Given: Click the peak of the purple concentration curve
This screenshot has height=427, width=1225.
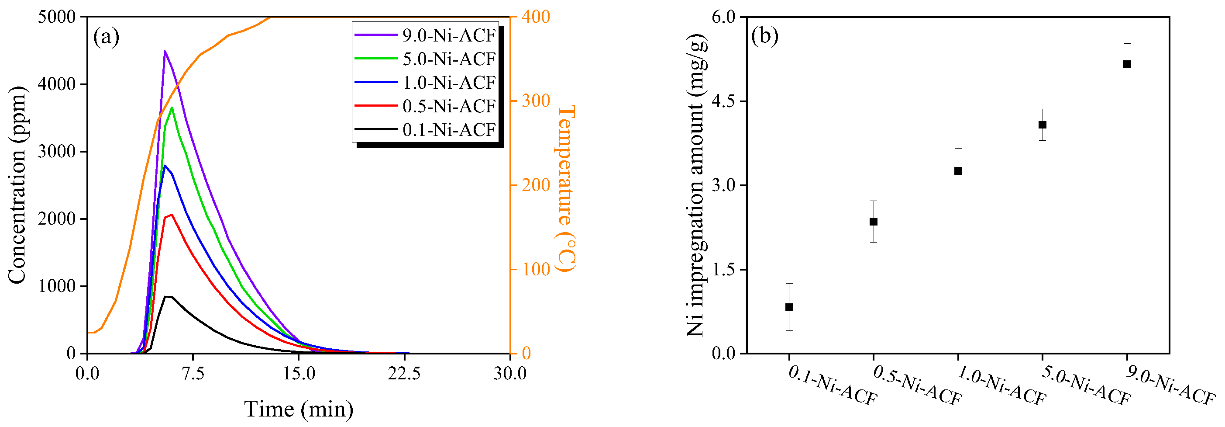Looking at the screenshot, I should [165, 52].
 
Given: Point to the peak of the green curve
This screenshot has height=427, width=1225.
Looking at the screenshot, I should [172, 108].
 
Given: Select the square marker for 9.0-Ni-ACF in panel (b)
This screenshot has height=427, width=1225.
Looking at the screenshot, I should [1127, 64].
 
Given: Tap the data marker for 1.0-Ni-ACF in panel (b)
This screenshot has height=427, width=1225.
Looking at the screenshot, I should [958, 171].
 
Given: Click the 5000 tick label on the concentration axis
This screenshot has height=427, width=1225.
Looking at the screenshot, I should [57, 17].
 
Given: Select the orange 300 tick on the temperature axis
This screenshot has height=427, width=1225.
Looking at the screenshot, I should [536, 101].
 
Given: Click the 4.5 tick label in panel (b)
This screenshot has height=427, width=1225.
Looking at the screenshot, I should [723, 101].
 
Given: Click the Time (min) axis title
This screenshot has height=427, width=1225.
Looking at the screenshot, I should [299, 409].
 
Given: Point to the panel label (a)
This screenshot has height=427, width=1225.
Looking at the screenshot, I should [106, 37].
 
